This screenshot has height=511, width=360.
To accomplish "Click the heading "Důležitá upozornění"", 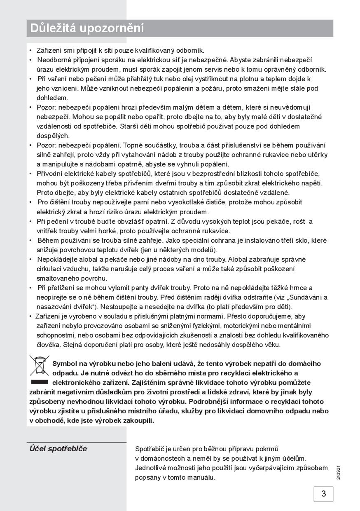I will pyautogui.click(x=87, y=28).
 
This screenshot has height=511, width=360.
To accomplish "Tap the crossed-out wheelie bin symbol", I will pyautogui.click(x=40, y=364).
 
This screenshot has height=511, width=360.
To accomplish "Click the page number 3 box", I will pyautogui.click(x=323, y=493).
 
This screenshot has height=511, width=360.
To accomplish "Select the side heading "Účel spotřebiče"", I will pyautogui.click(x=58, y=449).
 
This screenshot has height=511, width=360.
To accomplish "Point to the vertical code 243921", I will pyautogui.click(x=338, y=472).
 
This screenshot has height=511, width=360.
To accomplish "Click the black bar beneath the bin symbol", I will pyautogui.click(x=40, y=382).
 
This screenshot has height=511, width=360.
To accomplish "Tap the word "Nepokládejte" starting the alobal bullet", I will pyautogui.click(x=56, y=259).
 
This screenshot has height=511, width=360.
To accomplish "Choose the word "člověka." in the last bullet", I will pyautogui.click(x=49, y=345).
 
